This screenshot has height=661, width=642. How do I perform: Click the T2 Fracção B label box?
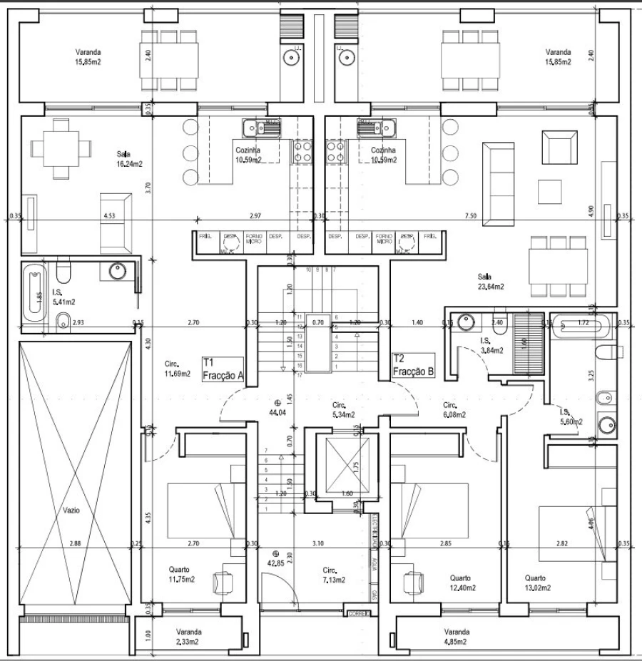(414, 366)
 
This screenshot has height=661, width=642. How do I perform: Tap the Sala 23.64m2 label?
(490, 282)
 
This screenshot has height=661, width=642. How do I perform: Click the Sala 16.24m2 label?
(129, 158)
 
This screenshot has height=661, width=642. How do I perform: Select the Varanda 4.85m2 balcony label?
(456, 637)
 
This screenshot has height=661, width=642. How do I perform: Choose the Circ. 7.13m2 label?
(333, 575)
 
